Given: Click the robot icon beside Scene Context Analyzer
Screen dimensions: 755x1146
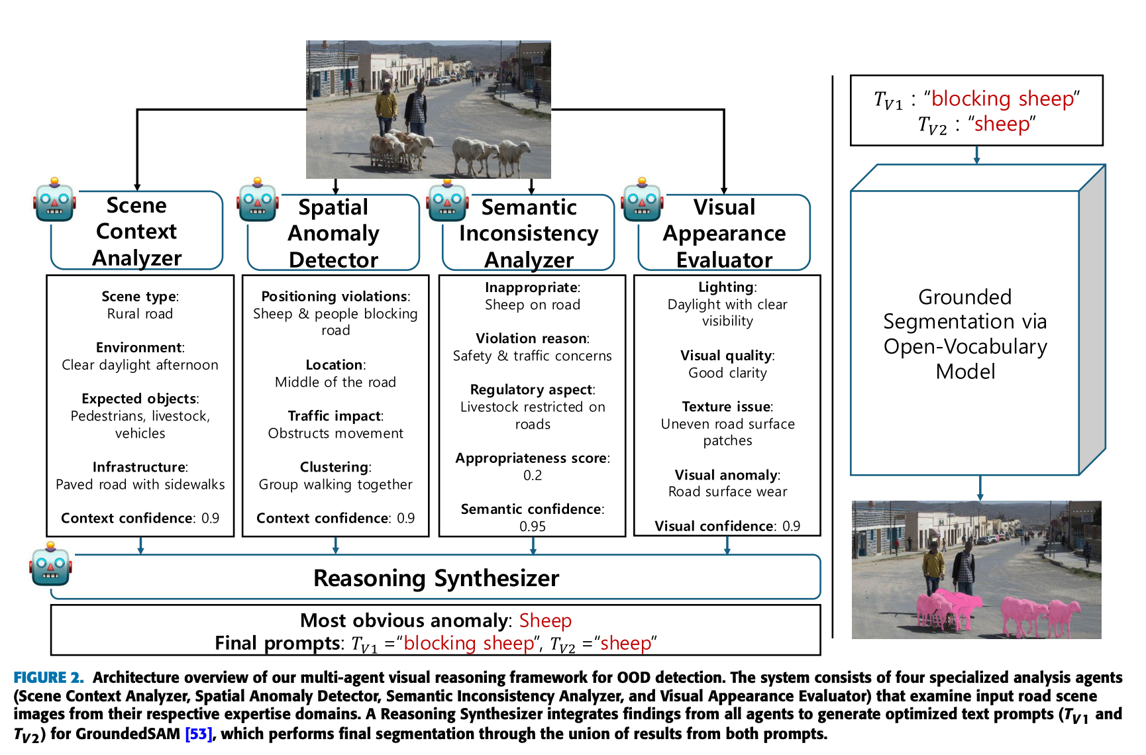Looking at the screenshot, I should click(x=54, y=200).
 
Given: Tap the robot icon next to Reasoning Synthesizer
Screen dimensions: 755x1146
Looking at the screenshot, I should click(x=50, y=564).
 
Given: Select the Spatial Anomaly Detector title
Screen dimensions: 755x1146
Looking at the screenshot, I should click(x=333, y=233).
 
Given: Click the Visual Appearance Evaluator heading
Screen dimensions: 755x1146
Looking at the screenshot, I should click(x=724, y=233).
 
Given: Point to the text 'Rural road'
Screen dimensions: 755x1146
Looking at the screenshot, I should click(x=140, y=314).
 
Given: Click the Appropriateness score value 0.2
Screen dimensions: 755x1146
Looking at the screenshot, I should click(x=532, y=476).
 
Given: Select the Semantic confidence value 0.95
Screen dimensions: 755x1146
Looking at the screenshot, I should click(x=532, y=527).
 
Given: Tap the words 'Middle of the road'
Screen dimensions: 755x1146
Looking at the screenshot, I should click(x=335, y=382).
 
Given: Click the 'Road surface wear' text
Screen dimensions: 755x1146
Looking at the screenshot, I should click(x=727, y=491).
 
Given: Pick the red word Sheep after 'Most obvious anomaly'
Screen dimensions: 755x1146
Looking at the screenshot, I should click(x=545, y=621).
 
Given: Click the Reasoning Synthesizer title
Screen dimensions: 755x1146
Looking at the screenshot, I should click(x=436, y=578).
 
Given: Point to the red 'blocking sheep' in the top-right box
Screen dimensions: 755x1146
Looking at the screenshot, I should click(x=1002, y=99).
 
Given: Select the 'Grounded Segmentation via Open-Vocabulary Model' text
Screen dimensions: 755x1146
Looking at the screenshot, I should click(x=965, y=334).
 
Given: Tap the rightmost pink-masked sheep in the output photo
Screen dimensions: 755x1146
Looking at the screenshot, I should click(x=1061, y=616).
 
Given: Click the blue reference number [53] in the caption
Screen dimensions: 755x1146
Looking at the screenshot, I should click(x=199, y=734).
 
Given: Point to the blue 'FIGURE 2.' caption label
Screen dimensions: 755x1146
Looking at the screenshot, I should click(x=48, y=678).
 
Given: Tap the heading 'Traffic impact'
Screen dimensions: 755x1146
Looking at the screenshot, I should click(x=335, y=416).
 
